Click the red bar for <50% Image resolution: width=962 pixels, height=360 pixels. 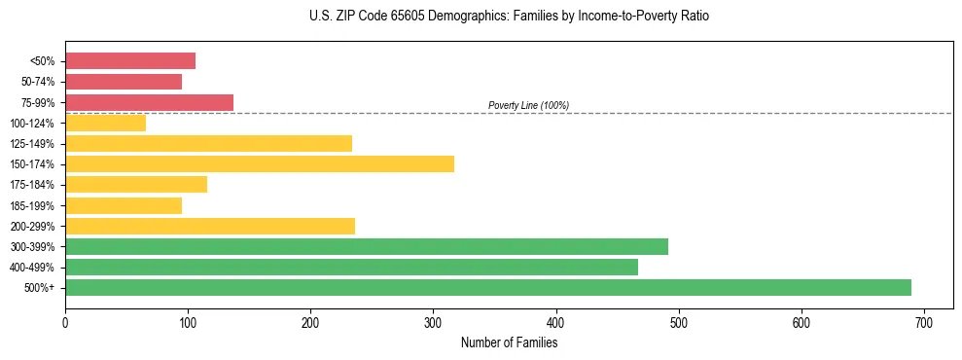(x=130, y=61)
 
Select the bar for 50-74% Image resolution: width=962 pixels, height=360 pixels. (x=124, y=82)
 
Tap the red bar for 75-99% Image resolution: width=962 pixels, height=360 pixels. (x=149, y=102)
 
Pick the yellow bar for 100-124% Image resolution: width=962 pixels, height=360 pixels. (x=105, y=123)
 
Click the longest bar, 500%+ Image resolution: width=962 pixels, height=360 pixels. (x=488, y=287)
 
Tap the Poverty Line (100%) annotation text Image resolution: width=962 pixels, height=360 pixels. (x=528, y=105)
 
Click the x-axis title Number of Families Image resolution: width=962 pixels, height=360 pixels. (x=509, y=342)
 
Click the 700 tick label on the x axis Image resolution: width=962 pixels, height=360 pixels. (x=924, y=320)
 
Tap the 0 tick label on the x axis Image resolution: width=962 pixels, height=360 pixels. (x=65, y=320)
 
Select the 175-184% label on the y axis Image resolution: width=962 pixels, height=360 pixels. (x=32, y=185)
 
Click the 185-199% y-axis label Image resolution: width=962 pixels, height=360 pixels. (x=32, y=205)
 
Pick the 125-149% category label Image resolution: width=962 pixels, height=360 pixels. (x=32, y=144)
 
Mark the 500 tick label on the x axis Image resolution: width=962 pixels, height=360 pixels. (x=679, y=320)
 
